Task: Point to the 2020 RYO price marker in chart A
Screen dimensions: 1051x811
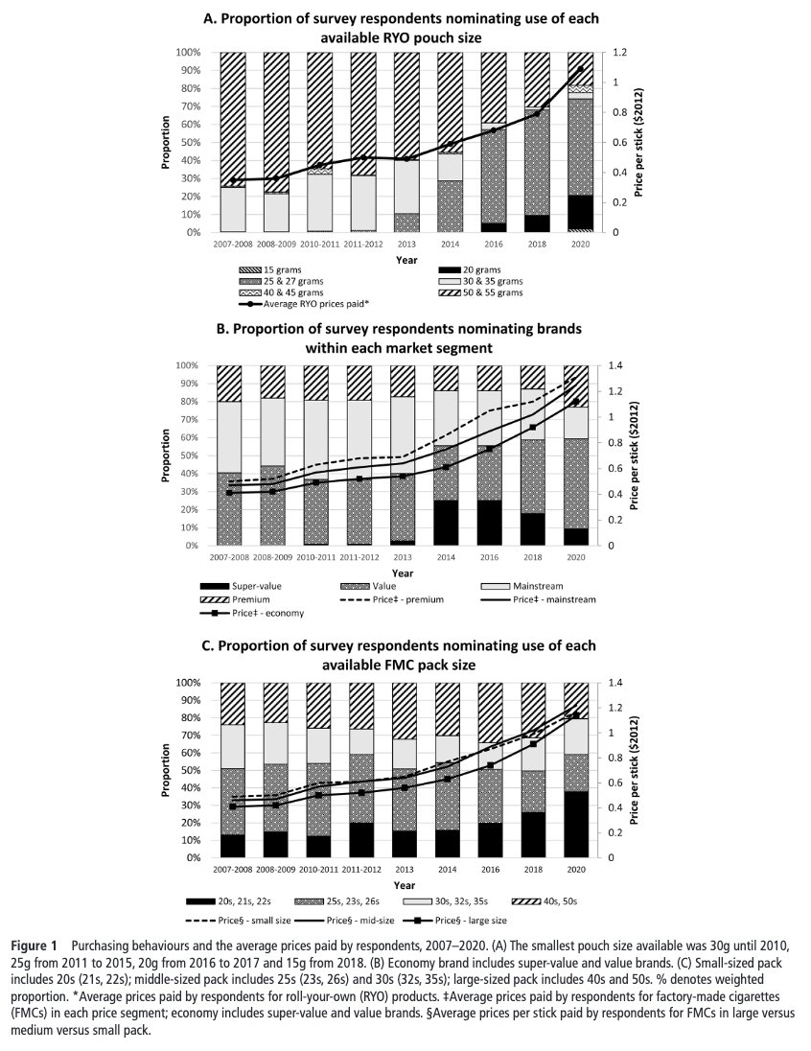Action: pos(580,69)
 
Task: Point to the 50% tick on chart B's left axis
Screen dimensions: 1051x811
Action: pos(187,455)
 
